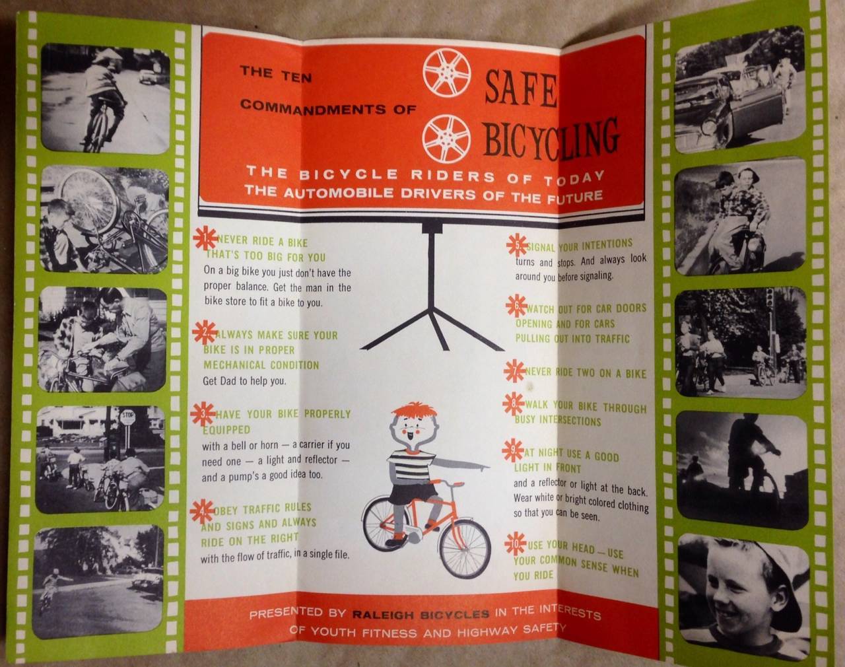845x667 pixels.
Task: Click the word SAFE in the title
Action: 522,87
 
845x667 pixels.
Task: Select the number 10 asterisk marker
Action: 516,544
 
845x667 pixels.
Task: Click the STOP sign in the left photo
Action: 128,417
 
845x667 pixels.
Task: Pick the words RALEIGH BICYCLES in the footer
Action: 420,614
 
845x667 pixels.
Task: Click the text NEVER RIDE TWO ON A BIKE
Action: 585,373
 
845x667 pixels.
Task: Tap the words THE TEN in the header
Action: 275,73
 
